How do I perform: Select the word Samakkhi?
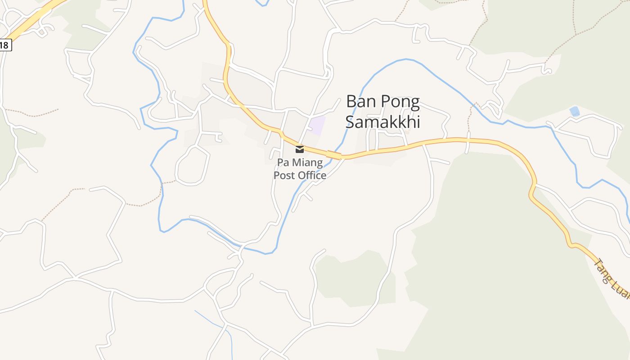tap(382, 121)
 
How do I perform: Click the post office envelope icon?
tap(300, 149)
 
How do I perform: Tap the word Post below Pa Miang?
tap(284, 175)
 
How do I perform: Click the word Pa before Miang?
tap(283, 162)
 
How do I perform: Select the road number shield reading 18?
tap(4, 45)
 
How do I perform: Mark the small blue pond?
tap(574, 111)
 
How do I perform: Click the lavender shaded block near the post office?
tap(317, 125)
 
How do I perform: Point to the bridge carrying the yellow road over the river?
tap(335, 155)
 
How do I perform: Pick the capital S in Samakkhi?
tap(350, 121)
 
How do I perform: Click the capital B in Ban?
tap(351, 102)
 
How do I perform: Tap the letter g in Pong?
tap(414, 103)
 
